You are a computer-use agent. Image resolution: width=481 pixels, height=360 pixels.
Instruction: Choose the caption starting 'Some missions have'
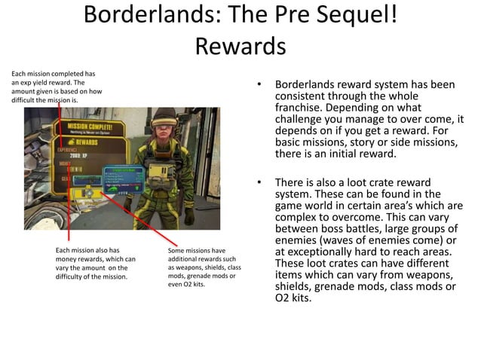(x=203, y=267)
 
